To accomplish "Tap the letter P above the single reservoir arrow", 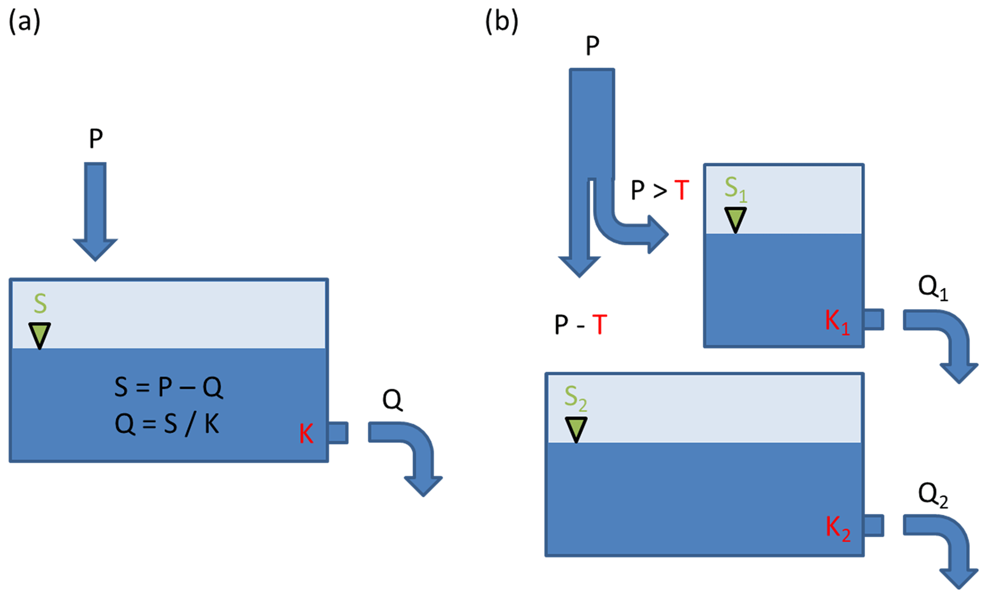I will click(x=96, y=139).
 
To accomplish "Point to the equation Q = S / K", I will click(x=167, y=423).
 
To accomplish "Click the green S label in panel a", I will click(x=41, y=303).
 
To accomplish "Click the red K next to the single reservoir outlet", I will click(x=306, y=434).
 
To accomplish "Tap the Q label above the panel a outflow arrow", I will click(x=392, y=399).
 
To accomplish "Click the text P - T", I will click(x=581, y=325).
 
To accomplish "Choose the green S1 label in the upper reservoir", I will click(x=735, y=188).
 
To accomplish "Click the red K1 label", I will click(x=838, y=321).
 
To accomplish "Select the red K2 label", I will click(x=838, y=529).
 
